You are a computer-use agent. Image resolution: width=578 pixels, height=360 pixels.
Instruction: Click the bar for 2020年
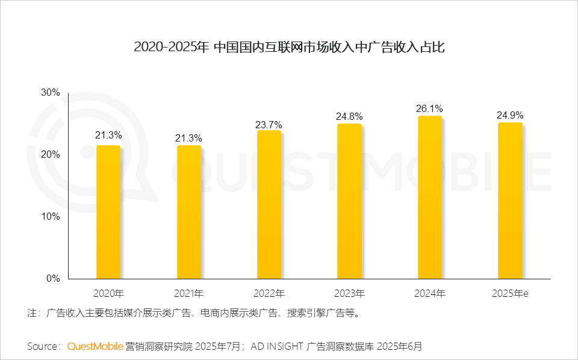coord(108,212)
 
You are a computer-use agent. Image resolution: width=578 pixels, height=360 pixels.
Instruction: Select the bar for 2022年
coord(269,205)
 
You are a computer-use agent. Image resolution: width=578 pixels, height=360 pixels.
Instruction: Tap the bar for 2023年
coord(349,201)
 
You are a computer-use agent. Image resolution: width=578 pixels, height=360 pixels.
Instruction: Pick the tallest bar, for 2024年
coord(429,197)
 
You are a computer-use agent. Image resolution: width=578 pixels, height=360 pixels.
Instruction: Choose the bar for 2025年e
coord(510,200)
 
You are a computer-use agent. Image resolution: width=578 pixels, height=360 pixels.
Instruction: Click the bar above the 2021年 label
coord(189,212)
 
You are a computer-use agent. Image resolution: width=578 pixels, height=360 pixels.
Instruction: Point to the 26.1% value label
coord(429,109)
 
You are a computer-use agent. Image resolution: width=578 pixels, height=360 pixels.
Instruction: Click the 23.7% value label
coord(269,124)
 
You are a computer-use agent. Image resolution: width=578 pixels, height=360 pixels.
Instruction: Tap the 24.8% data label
coord(349,117)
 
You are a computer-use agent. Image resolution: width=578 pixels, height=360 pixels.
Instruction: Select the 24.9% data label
coord(510,116)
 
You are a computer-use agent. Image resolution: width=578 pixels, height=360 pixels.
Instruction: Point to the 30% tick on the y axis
coord(50,93)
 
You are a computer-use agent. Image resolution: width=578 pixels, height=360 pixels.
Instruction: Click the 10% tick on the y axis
coord(50,217)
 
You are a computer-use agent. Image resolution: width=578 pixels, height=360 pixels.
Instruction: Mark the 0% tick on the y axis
coord(53,279)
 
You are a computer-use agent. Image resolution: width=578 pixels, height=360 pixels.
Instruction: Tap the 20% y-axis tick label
coord(50,155)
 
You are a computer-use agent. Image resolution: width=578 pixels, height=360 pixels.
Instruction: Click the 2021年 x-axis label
coord(189,294)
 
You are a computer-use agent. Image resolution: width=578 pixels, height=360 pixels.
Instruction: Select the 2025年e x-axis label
coord(510,294)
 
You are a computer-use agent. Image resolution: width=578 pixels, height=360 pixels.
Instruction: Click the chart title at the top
coord(289,47)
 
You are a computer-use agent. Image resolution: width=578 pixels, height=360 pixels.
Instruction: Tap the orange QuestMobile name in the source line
coord(95,346)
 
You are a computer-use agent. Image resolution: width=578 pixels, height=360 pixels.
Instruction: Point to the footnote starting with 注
coord(193,313)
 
